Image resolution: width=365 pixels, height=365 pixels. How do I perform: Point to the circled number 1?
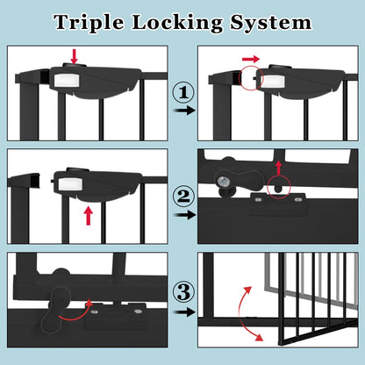(181, 90)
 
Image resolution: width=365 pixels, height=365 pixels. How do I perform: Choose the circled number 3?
(182, 290)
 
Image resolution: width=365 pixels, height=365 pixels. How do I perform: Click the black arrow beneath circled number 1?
(182, 111)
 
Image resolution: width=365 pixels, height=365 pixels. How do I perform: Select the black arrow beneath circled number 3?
(182, 311)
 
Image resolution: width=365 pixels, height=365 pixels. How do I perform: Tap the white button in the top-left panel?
(64, 78)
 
